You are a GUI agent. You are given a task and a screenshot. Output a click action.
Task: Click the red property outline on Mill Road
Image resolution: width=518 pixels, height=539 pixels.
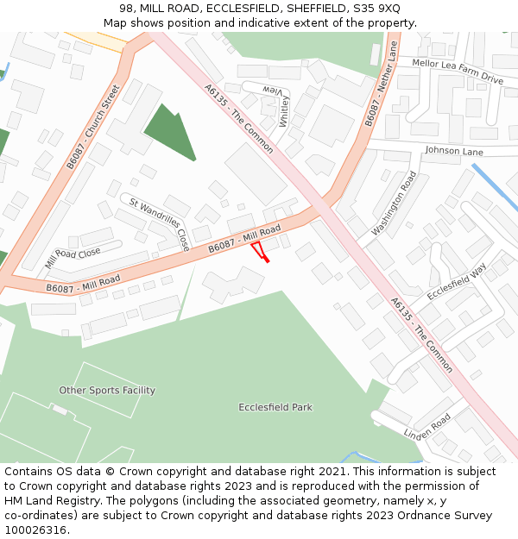pos(258,251)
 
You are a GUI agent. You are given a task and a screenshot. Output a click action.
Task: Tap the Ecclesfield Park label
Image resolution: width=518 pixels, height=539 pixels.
pos(275,407)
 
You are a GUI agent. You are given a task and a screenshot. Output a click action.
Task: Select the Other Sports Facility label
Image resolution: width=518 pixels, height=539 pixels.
pos(107,391)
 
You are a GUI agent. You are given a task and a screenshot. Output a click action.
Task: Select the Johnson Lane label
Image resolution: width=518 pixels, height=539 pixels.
pos(453,151)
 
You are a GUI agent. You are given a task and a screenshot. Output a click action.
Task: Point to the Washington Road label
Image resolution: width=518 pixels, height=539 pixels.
pos(394,204)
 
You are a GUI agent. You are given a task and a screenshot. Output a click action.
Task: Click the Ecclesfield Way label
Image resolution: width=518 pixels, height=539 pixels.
pos(457,281)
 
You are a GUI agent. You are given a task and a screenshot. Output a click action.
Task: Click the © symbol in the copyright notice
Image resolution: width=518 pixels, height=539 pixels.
pos(110,472)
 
